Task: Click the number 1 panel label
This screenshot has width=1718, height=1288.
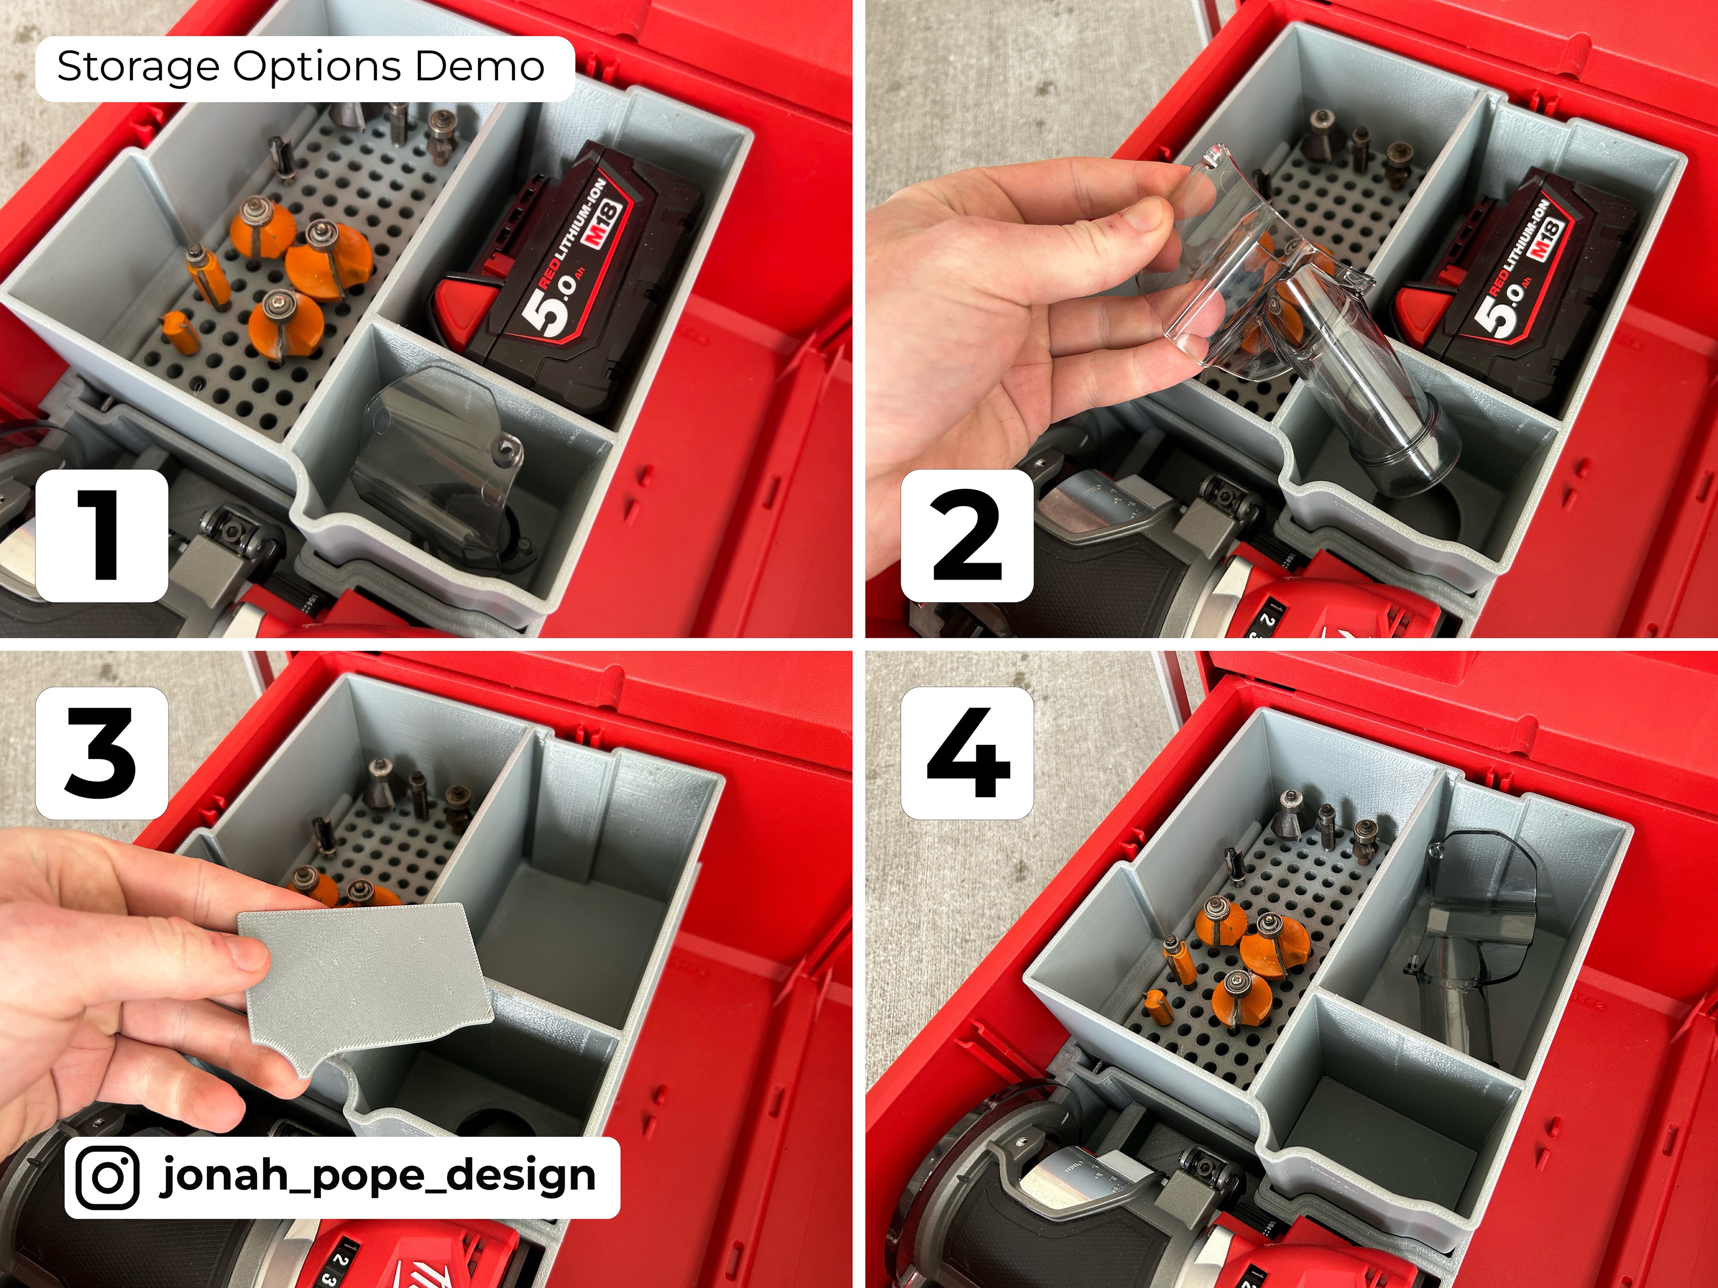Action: click(x=102, y=536)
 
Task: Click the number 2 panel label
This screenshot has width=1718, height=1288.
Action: click(x=967, y=536)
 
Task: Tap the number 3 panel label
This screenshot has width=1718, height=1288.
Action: click(x=102, y=753)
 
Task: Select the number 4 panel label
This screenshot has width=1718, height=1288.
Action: click(x=967, y=753)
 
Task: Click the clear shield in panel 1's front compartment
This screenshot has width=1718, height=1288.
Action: click(x=435, y=450)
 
